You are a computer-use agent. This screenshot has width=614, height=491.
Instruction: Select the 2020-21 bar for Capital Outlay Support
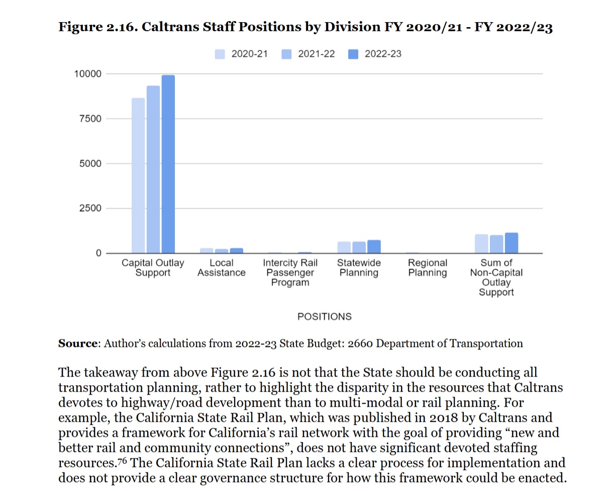[138, 175]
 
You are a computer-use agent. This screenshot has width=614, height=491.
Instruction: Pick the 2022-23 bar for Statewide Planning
[374, 247]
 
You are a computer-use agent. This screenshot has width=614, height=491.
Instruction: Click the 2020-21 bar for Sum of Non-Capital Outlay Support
[481, 243]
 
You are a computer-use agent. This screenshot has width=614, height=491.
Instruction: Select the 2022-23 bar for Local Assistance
[237, 250]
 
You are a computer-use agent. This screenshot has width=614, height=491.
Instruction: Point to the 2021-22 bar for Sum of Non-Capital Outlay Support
[496, 244]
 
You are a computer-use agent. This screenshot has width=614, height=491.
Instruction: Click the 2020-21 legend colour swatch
[220, 54]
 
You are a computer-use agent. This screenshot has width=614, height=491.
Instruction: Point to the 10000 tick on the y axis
[88, 74]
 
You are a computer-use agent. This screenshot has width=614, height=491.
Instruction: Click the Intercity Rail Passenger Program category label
[290, 273]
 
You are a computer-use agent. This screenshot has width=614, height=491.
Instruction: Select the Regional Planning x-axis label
[427, 268]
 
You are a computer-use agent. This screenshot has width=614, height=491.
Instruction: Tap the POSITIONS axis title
[325, 317]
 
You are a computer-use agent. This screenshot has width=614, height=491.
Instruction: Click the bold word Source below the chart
[77, 344]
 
